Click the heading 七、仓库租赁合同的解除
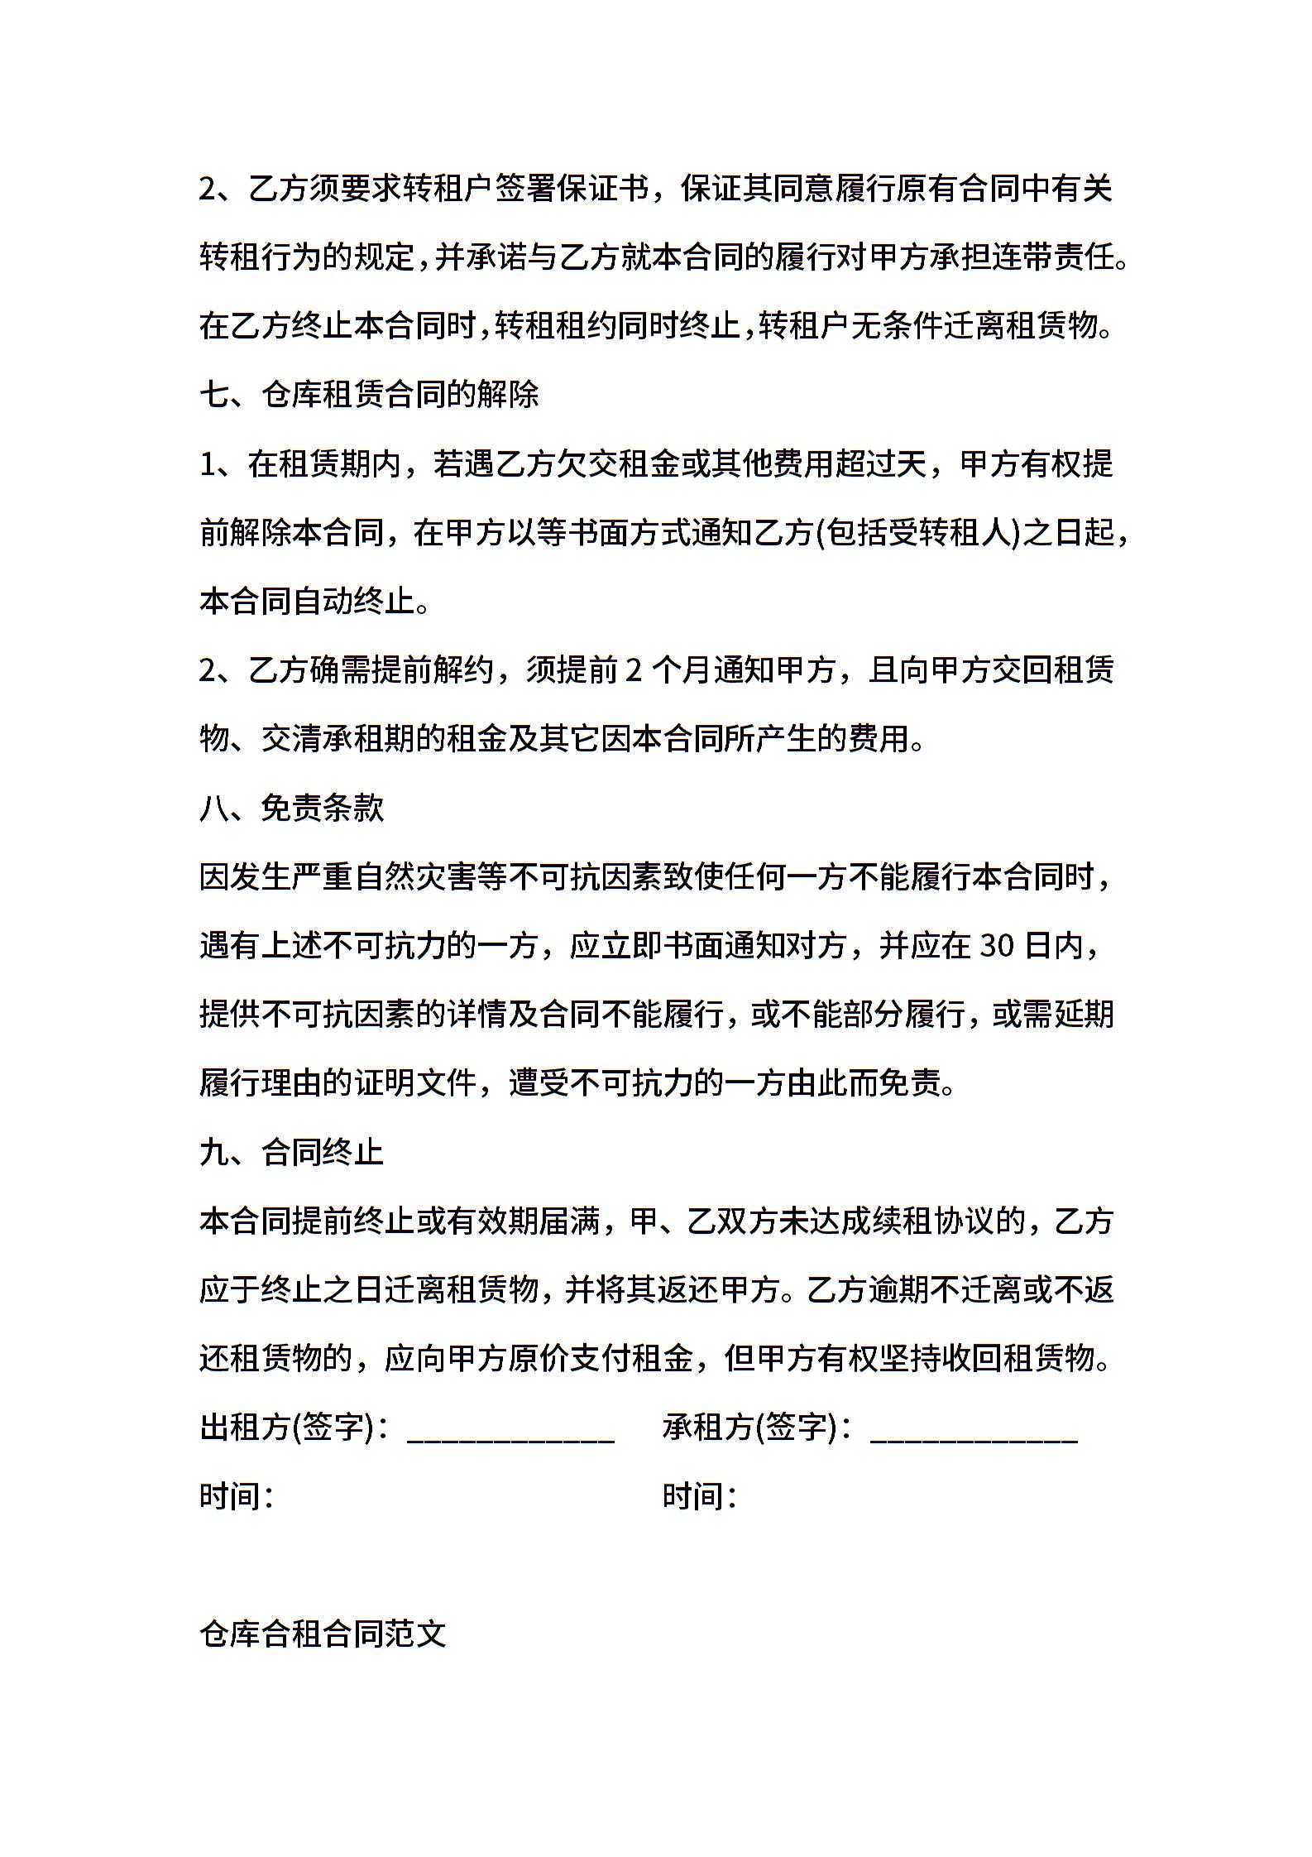[369, 395]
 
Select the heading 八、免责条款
[292, 808]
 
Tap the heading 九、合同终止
[292, 1152]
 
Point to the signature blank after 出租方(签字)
[510, 1430]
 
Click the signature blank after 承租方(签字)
[974, 1430]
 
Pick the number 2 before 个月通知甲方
[634, 670]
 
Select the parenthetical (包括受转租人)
[917, 533]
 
